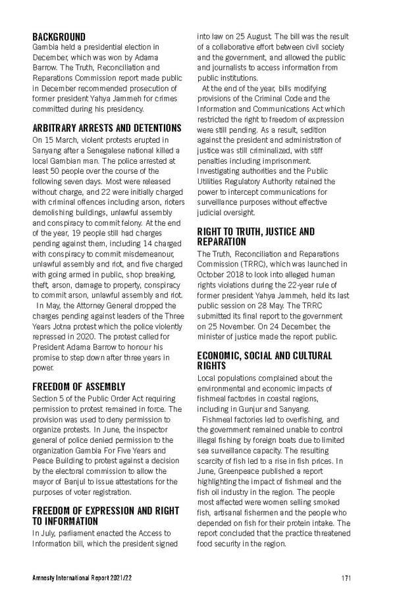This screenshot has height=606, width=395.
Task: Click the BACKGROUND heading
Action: (59, 37)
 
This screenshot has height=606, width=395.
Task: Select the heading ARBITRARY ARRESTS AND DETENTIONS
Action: (107, 128)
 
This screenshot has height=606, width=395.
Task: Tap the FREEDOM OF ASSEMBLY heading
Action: (78, 387)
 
